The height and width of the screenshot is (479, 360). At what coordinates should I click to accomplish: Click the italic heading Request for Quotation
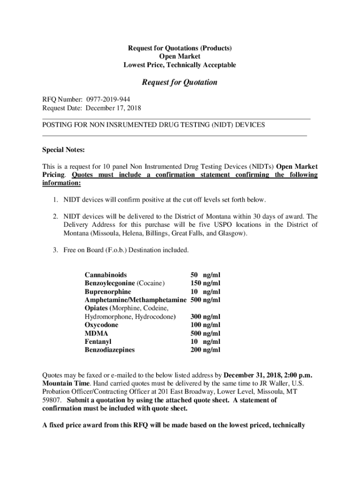point(180,82)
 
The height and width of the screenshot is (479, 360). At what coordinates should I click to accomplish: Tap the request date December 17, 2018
point(114,108)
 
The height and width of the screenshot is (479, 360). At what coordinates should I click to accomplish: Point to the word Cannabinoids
point(105,275)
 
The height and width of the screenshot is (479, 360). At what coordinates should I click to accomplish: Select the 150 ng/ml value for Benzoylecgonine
point(205,283)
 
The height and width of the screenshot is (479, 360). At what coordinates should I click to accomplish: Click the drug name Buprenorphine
point(108,291)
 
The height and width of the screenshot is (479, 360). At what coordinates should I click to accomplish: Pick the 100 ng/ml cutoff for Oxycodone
point(205,325)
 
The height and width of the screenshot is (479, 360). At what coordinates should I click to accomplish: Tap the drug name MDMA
point(96,333)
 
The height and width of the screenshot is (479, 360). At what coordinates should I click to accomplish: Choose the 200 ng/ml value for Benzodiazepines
point(205,350)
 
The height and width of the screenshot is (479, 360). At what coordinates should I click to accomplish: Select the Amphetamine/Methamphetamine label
point(136,300)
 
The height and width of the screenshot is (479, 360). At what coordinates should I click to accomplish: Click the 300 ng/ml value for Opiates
point(205,317)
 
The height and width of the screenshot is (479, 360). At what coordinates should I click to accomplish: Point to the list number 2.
point(55,217)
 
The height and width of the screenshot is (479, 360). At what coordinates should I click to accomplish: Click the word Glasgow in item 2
point(230,233)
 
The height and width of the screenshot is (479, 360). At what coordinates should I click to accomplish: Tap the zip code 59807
point(52,400)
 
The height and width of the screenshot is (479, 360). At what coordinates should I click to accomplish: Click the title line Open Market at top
point(180,57)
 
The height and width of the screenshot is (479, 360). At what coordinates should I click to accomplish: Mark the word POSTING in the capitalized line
point(58,125)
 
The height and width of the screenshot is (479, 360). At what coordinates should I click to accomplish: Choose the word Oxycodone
point(101,325)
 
